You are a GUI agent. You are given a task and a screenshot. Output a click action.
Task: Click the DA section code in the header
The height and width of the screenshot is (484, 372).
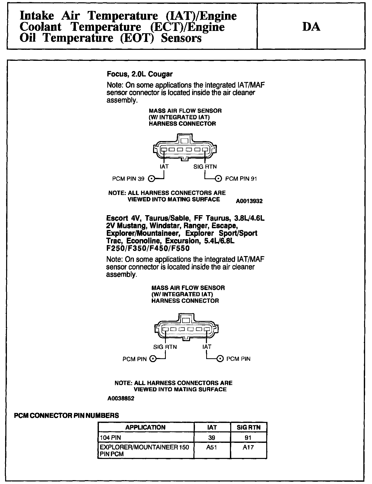(311, 27)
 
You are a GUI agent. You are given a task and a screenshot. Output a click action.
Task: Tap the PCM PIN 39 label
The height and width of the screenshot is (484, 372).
(128, 179)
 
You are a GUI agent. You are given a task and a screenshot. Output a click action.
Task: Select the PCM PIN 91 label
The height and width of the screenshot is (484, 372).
(241, 179)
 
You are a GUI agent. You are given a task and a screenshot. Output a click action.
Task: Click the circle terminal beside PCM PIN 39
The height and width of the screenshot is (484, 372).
(151, 179)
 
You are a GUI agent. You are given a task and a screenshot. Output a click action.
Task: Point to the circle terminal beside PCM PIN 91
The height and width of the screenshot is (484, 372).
(218, 179)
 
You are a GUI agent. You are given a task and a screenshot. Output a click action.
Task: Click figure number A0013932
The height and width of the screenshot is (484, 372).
(249, 201)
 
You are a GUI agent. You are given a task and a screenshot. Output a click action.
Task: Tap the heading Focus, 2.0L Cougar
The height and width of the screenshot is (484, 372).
(139, 74)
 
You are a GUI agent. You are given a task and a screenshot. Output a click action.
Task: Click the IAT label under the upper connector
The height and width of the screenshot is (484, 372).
(164, 167)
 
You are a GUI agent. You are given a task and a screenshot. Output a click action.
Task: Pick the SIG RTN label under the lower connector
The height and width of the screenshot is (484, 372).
(165, 347)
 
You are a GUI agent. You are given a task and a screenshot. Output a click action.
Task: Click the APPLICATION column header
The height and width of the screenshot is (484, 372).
(145, 427)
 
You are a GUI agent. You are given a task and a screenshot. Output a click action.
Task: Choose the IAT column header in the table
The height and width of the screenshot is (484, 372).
(212, 427)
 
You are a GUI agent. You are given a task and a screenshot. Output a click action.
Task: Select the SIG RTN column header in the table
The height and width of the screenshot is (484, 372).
(248, 427)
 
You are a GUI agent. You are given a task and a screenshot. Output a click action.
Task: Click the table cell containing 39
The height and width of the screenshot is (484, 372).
(212, 437)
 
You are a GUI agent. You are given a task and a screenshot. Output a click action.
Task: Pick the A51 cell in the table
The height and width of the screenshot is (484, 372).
(212, 447)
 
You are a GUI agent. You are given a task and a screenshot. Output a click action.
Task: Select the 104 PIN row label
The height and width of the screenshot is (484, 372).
(110, 437)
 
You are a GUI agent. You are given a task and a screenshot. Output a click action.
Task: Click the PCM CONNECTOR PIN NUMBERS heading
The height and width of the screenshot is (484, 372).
(66, 416)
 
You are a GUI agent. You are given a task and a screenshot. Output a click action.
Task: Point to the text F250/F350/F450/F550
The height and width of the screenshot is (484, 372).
(148, 248)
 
